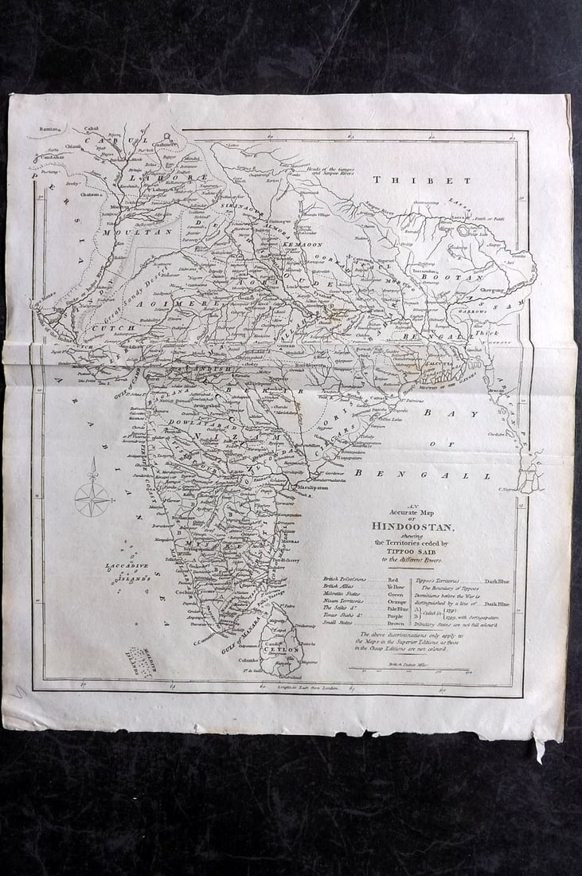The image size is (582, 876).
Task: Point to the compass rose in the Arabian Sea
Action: click(x=93, y=499)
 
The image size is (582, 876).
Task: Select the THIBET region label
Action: click(x=421, y=180)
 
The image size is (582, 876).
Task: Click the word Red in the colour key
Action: click(x=393, y=581)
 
